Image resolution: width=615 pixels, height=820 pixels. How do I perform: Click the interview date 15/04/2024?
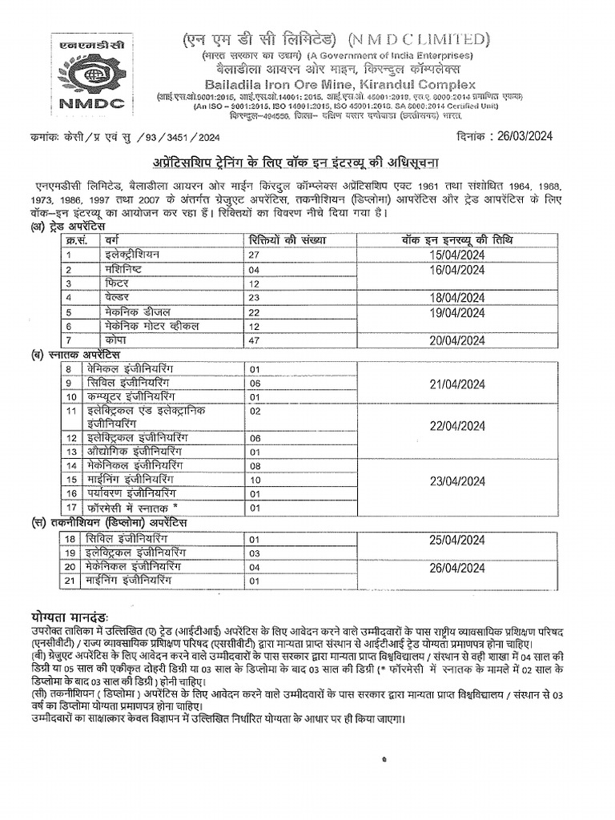tap(456, 255)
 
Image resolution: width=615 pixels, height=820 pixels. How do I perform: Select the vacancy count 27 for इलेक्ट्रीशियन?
tap(256, 255)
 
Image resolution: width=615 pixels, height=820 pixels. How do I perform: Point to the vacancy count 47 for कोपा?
tap(256, 340)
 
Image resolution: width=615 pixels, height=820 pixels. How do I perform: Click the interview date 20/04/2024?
tap(456, 340)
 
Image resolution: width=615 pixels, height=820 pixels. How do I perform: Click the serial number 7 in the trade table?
tap(70, 340)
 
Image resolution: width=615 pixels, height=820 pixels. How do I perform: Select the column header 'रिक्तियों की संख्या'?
tap(287, 240)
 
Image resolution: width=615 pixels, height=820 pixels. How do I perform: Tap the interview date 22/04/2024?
tap(456, 425)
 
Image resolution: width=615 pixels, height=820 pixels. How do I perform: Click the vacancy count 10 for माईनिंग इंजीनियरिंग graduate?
tap(256, 479)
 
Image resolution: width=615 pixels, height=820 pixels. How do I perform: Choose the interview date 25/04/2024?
tap(456, 539)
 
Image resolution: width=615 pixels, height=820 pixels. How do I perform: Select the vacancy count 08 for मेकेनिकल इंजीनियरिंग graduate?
tap(256, 465)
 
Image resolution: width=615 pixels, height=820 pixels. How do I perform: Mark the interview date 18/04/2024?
tap(456, 297)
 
